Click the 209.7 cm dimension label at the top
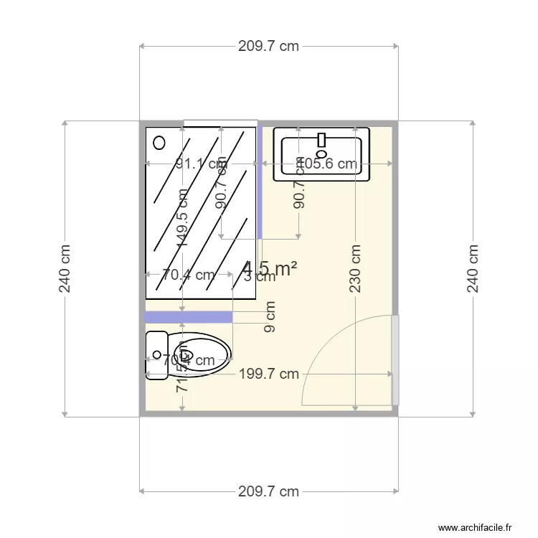(268, 47)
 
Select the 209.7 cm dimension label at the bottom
(268, 491)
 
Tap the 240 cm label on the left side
(65, 268)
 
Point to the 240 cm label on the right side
(473, 268)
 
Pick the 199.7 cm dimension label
(268, 374)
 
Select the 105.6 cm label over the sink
(327, 164)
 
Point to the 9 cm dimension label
(270, 318)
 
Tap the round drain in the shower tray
(159, 142)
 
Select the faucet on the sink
(321, 141)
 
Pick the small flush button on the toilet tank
(156, 354)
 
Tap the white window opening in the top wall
(220, 123)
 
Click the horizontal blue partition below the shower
(188, 317)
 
